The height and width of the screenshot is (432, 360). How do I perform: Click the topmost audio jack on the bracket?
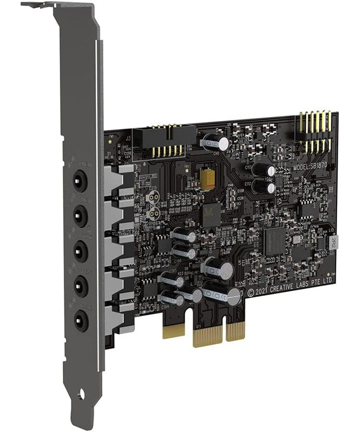80,180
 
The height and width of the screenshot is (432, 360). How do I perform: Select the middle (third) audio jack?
81,251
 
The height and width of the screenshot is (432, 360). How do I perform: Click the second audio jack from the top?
80,214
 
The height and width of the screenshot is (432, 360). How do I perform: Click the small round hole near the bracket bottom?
81,395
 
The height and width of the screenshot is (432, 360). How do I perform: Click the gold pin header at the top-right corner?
314,132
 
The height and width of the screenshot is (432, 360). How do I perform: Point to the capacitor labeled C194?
171,299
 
